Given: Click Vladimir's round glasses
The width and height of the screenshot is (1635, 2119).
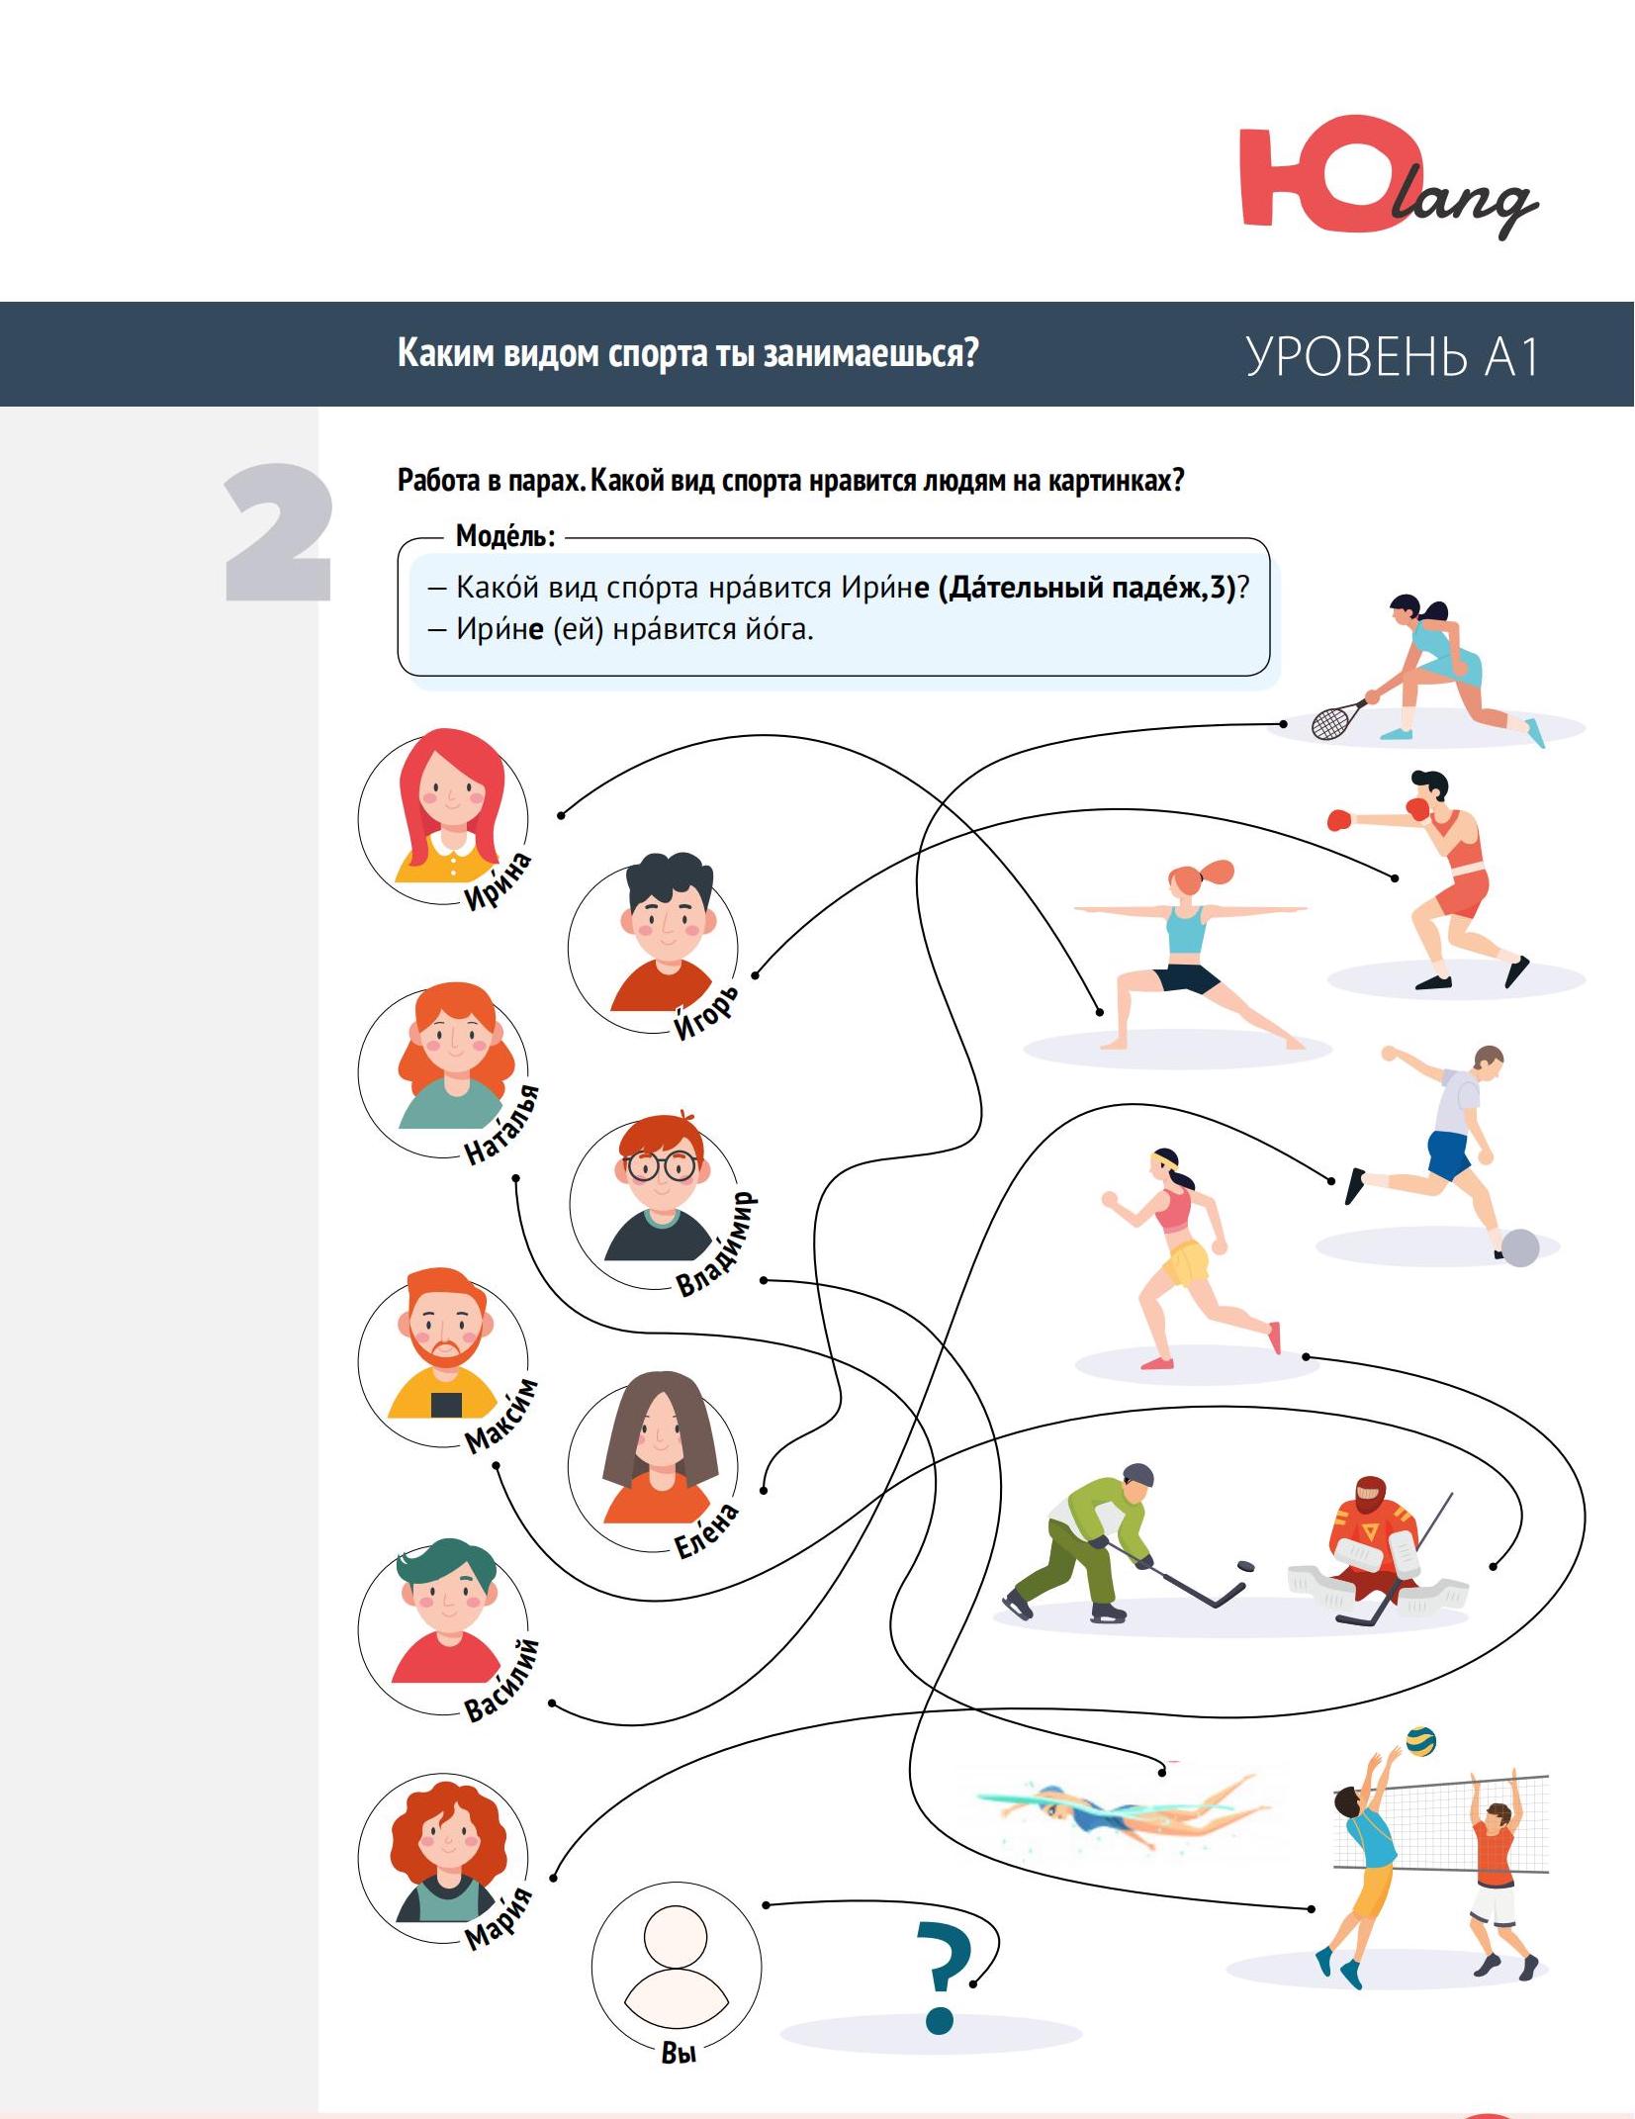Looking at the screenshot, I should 661,1167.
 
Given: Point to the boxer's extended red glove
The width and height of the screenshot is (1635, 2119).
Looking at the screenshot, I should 1338,820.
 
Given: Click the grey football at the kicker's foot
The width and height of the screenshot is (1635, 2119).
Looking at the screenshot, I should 1520,1247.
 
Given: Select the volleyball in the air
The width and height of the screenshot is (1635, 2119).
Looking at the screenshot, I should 1420,1740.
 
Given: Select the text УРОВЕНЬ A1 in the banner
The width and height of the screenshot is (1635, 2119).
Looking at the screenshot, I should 1391,356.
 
